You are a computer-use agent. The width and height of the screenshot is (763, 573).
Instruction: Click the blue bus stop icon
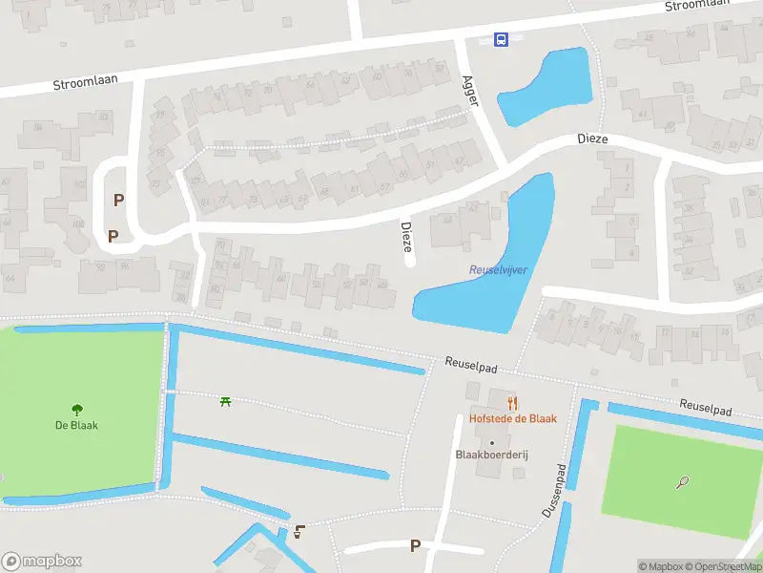point(501,39)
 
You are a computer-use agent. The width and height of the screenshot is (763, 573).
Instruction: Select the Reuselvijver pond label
point(498,270)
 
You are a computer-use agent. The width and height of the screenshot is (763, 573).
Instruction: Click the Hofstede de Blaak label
point(512,418)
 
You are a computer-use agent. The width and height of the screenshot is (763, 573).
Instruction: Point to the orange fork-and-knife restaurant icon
point(512,403)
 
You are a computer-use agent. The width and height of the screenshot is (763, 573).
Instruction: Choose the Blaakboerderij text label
point(492,456)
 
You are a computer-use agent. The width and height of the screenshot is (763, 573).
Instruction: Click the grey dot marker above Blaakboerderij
point(492,442)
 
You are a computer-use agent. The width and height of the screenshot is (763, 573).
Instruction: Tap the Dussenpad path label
point(555,492)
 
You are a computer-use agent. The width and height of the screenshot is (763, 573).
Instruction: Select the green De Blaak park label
point(76,425)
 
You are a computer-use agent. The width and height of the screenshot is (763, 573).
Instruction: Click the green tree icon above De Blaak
point(76,411)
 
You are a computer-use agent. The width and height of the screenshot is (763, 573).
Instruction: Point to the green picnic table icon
point(226,402)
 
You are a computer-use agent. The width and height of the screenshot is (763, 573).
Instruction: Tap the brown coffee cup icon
point(300,532)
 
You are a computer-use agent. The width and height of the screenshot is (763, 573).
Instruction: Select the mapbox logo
point(42,562)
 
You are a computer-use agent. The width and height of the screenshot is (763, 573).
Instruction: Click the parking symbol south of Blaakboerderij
point(415,545)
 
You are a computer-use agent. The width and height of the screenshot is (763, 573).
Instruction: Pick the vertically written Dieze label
point(406,237)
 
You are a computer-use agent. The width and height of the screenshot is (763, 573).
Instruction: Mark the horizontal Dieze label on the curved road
point(592,139)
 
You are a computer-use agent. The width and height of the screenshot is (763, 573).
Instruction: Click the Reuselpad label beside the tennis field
point(705,407)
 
